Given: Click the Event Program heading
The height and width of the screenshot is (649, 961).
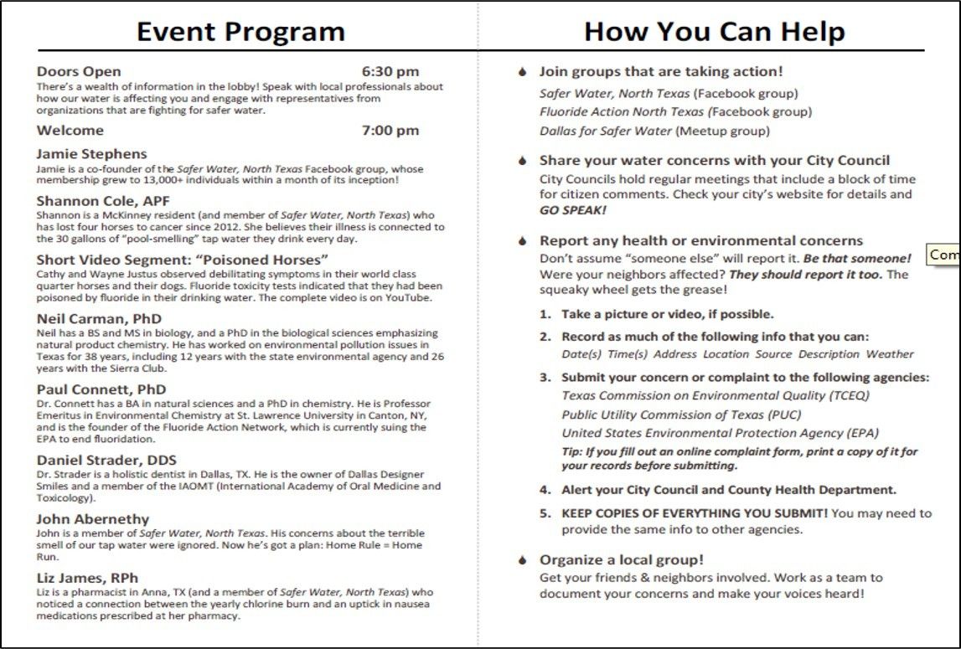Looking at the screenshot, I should [x=240, y=32].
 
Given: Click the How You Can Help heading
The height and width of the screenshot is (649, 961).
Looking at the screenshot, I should [x=714, y=32].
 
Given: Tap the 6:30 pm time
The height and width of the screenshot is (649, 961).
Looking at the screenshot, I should [x=390, y=72].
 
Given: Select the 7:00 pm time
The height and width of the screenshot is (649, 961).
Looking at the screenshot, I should [x=390, y=131].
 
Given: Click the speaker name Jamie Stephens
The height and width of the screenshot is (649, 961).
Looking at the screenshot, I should [x=91, y=154].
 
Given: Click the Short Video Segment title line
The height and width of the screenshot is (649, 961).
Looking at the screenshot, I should [x=182, y=260].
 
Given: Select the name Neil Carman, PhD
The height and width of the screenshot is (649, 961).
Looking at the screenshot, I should [x=99, y=319].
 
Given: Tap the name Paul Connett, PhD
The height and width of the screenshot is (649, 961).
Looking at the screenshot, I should [x=101, y=389].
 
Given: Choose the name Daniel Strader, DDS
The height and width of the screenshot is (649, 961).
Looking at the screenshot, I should [x=106, y=461].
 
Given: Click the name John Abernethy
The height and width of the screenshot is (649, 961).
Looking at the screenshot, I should [x=92, y=519].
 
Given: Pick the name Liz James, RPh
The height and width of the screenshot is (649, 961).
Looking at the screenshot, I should [x=87, y=578].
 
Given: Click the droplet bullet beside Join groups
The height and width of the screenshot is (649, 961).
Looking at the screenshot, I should [x=523, y=73].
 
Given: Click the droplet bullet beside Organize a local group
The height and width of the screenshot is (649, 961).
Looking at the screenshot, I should [x=523, y=560].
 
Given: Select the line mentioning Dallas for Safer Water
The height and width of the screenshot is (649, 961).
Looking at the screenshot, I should [x=654, y=131].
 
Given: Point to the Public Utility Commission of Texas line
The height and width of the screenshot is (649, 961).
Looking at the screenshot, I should [x=681, y=415].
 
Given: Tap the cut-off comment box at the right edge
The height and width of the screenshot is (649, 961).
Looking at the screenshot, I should [x=944, y=255].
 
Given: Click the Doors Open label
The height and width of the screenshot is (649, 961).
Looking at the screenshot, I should [x=79, y=72].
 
